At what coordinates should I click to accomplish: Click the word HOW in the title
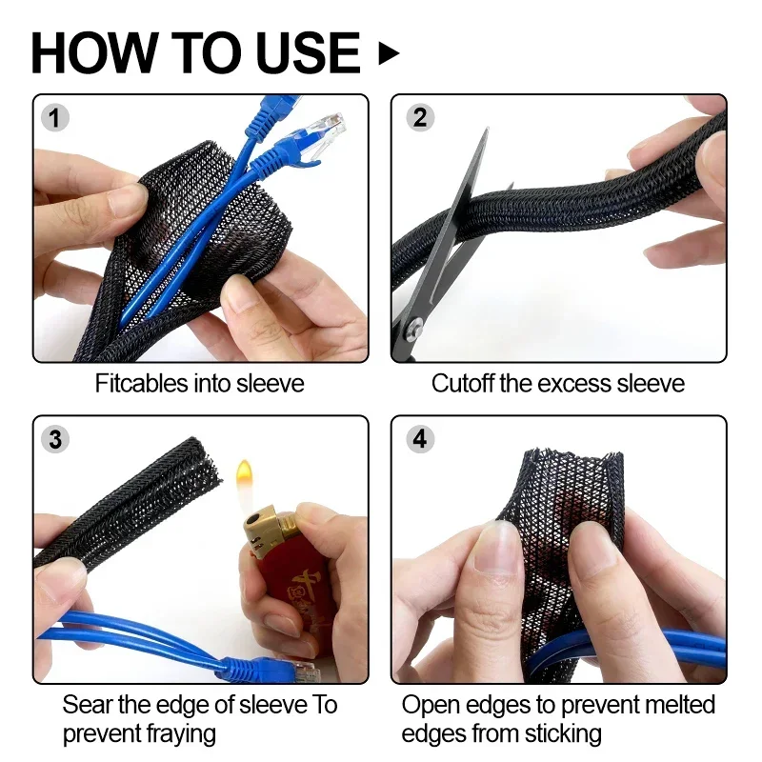(94, 53)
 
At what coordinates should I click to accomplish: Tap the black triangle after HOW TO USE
(389, 53)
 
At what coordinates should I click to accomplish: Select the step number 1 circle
(55, 118)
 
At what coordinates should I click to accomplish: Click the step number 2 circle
(419, 117)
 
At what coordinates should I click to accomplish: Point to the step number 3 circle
(55, 439)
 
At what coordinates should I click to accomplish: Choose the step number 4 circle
(420, 439)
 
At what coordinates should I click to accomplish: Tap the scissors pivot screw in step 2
(414, 325)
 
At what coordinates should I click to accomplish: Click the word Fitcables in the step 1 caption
(141, 384)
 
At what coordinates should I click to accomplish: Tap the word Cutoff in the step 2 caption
(462, 384)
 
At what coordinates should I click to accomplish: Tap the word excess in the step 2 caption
(574, 384)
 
